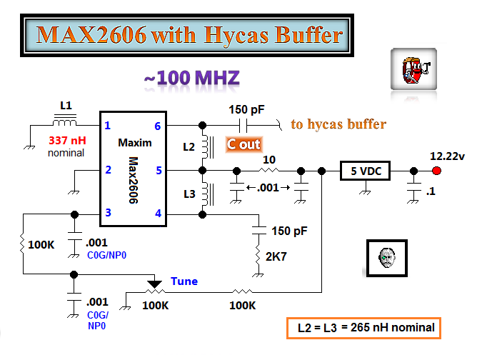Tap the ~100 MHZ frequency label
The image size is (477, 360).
click(x=191, y=79)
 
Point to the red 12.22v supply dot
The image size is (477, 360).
click(x=436, y=171)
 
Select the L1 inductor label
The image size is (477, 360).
click(x=66, y=106)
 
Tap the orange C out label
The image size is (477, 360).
click(x=243, y=145)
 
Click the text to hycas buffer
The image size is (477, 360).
click(x=338, y=124)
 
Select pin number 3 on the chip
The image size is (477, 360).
click(x=109, y=213)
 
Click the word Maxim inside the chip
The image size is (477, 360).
click(x=135, y=143)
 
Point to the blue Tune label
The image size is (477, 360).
click(x=184, y=281)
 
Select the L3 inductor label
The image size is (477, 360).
click(x=188, y=194)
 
